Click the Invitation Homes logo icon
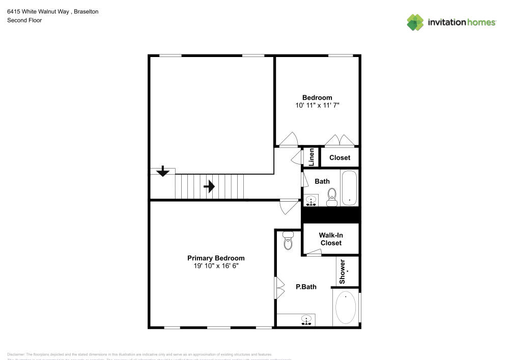415,22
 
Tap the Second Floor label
24,20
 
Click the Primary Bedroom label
216,258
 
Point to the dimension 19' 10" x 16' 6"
216,266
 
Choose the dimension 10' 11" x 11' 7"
317,105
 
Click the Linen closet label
312,157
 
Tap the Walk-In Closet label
330,239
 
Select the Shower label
343,271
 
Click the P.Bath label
306,287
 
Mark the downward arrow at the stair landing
163,172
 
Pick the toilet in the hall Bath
332,197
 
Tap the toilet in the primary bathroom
288,241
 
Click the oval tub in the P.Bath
346,308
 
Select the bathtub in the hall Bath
349,187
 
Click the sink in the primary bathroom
306,320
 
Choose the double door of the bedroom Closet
340,140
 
